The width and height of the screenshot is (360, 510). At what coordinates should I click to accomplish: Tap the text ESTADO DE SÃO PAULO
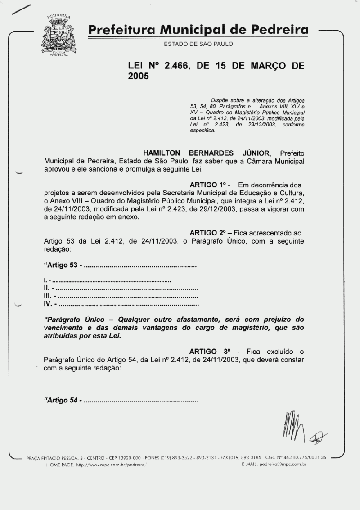pyautogui.click(x=198, y=44)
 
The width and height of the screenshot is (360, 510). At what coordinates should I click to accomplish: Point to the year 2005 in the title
pyautogui.click(x=139, y=77)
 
